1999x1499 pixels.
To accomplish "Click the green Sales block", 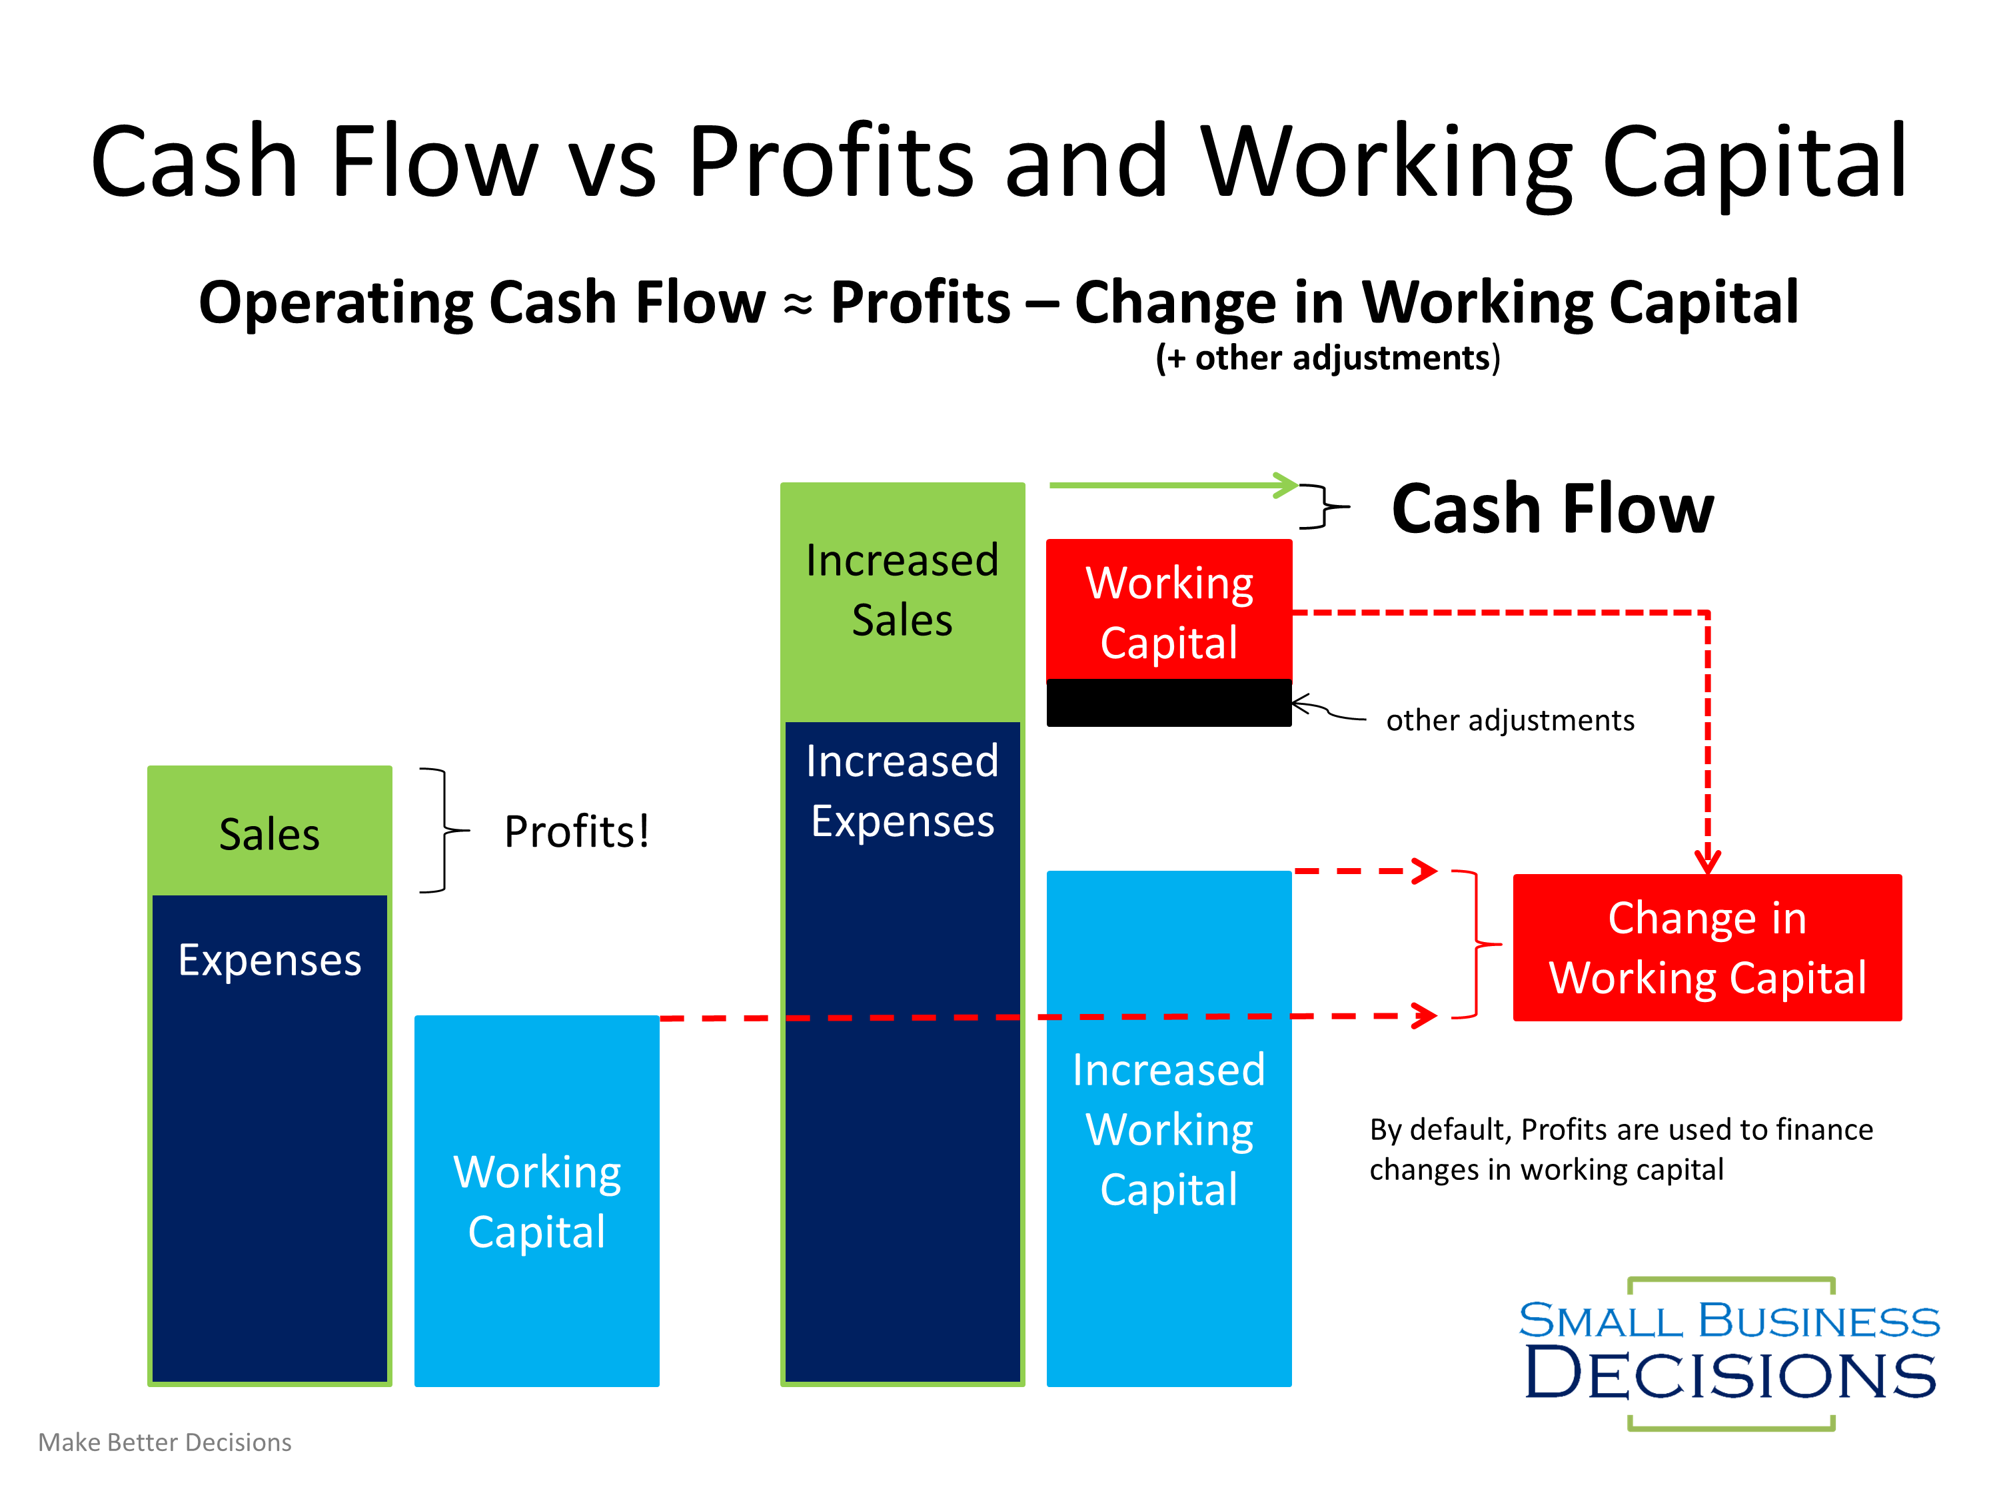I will [x=269, y=831].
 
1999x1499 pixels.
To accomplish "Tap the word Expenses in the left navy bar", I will [x=269, y=959].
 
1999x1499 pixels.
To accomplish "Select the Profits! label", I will [x=576, y=831].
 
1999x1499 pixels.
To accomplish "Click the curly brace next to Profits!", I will [x=444, y=829].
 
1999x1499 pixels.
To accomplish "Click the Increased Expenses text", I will [x=902, y=791].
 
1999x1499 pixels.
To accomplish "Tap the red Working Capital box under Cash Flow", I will [x=1169, y=612].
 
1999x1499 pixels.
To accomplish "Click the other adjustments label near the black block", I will [x=1509, y=720].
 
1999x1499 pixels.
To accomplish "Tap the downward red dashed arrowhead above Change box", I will [x=1707, y=860].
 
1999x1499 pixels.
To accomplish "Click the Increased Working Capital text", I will [x=1169, y=1129].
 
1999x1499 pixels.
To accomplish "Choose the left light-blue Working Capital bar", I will [x=537, y=1202].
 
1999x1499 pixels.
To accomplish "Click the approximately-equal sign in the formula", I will [x=797, y=305].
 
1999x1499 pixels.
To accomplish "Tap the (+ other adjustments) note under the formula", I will [x=1327, y=358].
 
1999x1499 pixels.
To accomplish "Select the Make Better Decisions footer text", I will [x=165, y=1442].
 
